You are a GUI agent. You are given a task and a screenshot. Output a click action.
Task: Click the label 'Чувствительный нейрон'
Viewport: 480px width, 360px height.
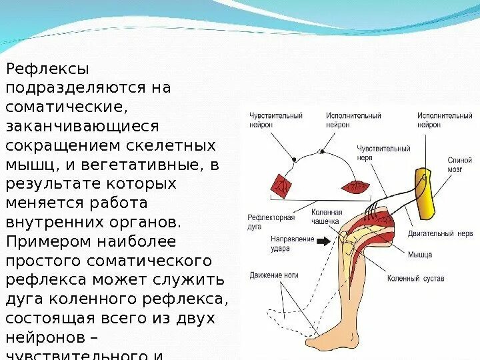pyautogui.click(x=275, y=120)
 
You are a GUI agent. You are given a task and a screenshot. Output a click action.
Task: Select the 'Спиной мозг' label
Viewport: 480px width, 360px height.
pyautogui.click(x=461, y=165)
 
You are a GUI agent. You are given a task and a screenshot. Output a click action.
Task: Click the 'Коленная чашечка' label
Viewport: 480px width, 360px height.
pyautogui.click(x=326, y=217)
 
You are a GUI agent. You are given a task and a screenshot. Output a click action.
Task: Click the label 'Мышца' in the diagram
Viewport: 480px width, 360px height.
pyautogui.click(x=420, y=255)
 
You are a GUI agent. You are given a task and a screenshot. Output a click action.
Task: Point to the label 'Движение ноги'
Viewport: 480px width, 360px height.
pyautogui.click(x=273, y=275)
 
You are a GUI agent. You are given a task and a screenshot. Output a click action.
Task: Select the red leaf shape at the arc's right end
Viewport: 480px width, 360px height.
pyautogui.click(x=355, y=186)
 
